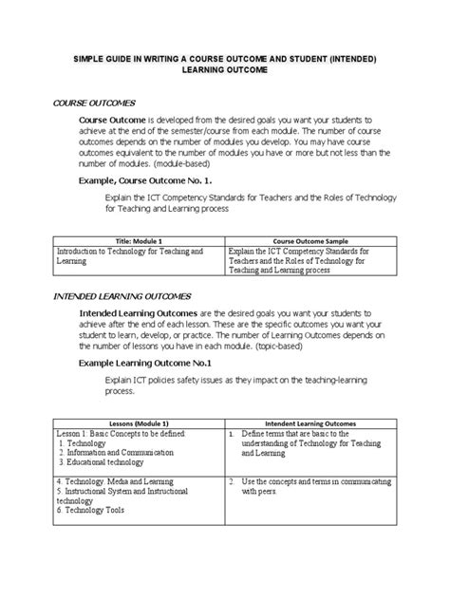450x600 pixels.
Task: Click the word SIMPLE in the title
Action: [95, 59]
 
